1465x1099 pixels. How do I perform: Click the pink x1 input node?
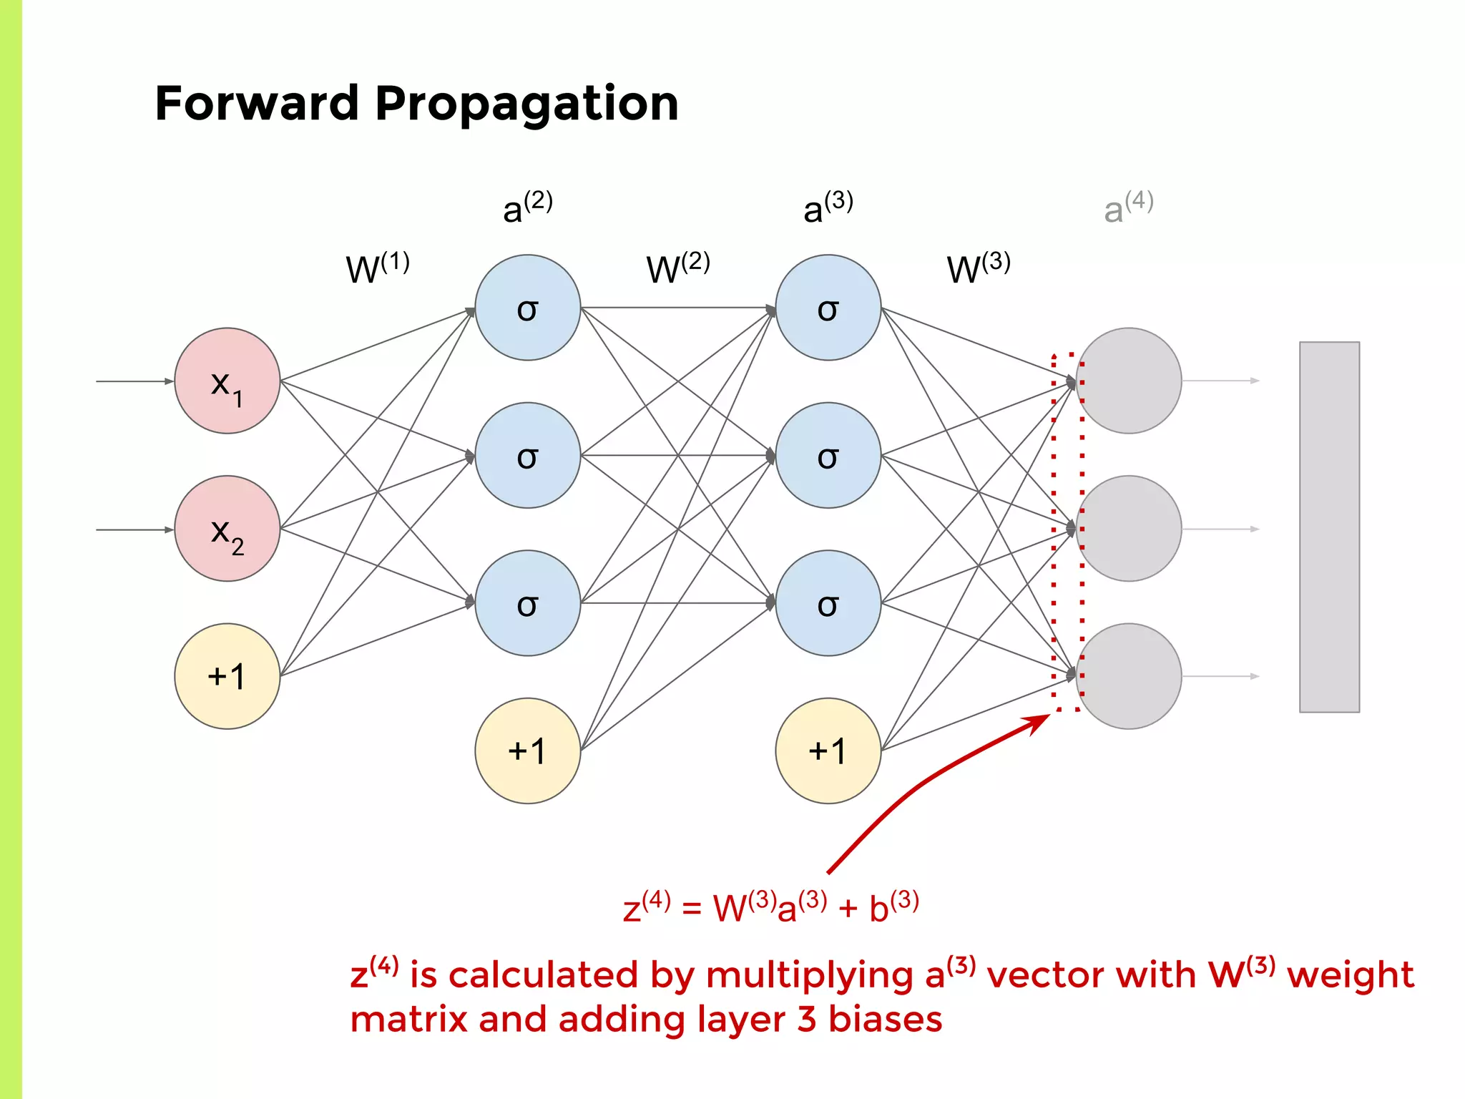(227, 381)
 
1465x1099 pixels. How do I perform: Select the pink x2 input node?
(227, 529)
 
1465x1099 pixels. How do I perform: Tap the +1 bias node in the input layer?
(227, 676)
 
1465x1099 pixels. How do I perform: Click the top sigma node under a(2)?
(527, 308)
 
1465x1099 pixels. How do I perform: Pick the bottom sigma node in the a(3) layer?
(828, 603)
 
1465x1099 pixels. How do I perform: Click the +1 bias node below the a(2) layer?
(527, 751)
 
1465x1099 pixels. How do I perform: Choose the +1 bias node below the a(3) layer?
(828, 751)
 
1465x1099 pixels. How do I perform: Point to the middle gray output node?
(1128, 529)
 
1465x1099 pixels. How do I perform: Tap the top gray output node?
(1128, 381)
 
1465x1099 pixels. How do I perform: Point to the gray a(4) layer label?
(1128, 207)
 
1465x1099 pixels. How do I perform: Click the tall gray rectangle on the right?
(1329, 527)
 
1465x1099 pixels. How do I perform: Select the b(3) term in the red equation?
(893, 907)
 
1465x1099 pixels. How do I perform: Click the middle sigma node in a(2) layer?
(527, 456)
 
